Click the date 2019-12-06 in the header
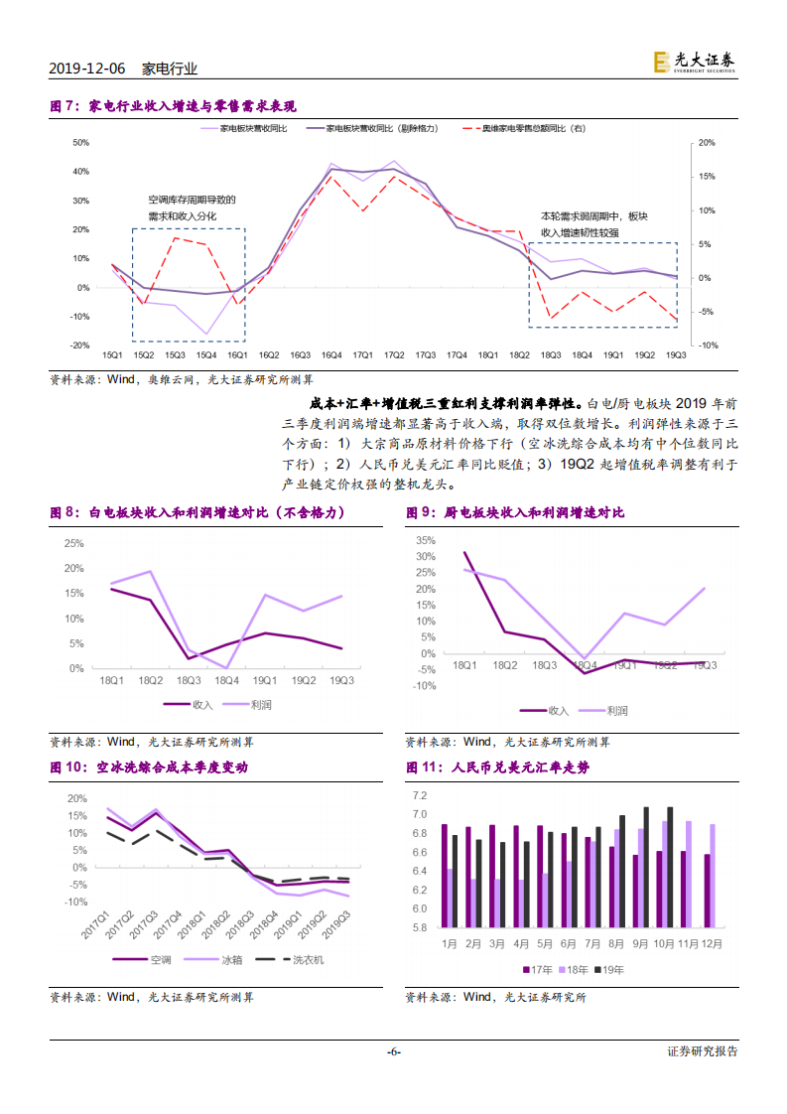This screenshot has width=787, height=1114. coord(87,69)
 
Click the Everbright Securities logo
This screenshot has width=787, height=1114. coord(695,62)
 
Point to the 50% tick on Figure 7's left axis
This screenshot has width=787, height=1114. coord(81,142)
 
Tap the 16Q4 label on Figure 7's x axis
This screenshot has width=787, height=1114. coord(331,354)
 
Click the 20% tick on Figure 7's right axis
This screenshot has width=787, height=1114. coord(708,142)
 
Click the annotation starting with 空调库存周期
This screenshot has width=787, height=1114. coord(192,200)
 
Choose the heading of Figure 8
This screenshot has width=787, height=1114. coord(197,512)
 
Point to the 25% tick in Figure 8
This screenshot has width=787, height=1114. coord(72,543)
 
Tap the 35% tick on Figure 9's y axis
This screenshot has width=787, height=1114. coord(426,540)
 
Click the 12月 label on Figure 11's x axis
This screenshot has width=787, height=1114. coord(713,942)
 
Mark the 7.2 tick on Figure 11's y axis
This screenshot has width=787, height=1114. coord(418,796)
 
